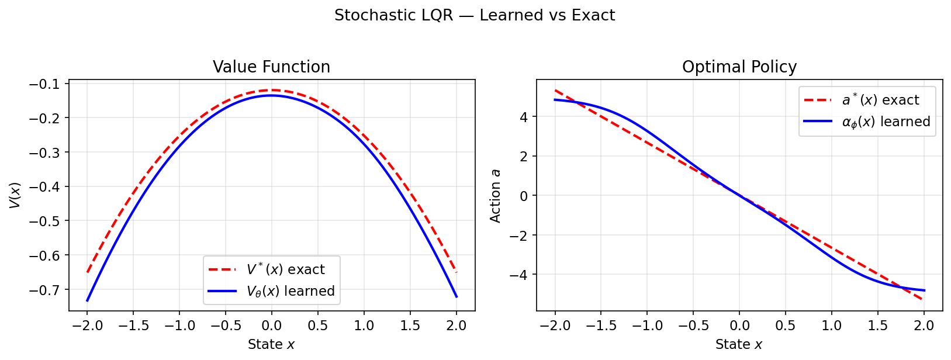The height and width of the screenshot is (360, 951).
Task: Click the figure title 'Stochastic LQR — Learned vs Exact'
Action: [475, 15]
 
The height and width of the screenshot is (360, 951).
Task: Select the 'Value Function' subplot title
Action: [271, 67]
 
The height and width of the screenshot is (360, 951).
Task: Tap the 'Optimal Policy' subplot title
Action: [739, 67]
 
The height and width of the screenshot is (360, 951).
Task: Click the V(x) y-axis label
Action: [15, 195]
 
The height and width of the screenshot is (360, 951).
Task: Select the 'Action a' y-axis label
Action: [496, 195]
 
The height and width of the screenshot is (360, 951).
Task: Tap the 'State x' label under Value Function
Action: [271, 345]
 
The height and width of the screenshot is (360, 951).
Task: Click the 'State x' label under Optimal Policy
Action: [739, 345]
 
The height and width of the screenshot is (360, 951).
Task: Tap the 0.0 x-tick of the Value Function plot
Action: [271, 326]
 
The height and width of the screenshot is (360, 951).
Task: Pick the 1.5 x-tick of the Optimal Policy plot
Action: [877, 326]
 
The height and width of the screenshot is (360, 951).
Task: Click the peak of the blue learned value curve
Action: [271, 95]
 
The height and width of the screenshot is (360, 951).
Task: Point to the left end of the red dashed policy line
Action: [555, 90]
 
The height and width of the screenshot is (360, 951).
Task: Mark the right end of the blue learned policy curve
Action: [924, 290]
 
